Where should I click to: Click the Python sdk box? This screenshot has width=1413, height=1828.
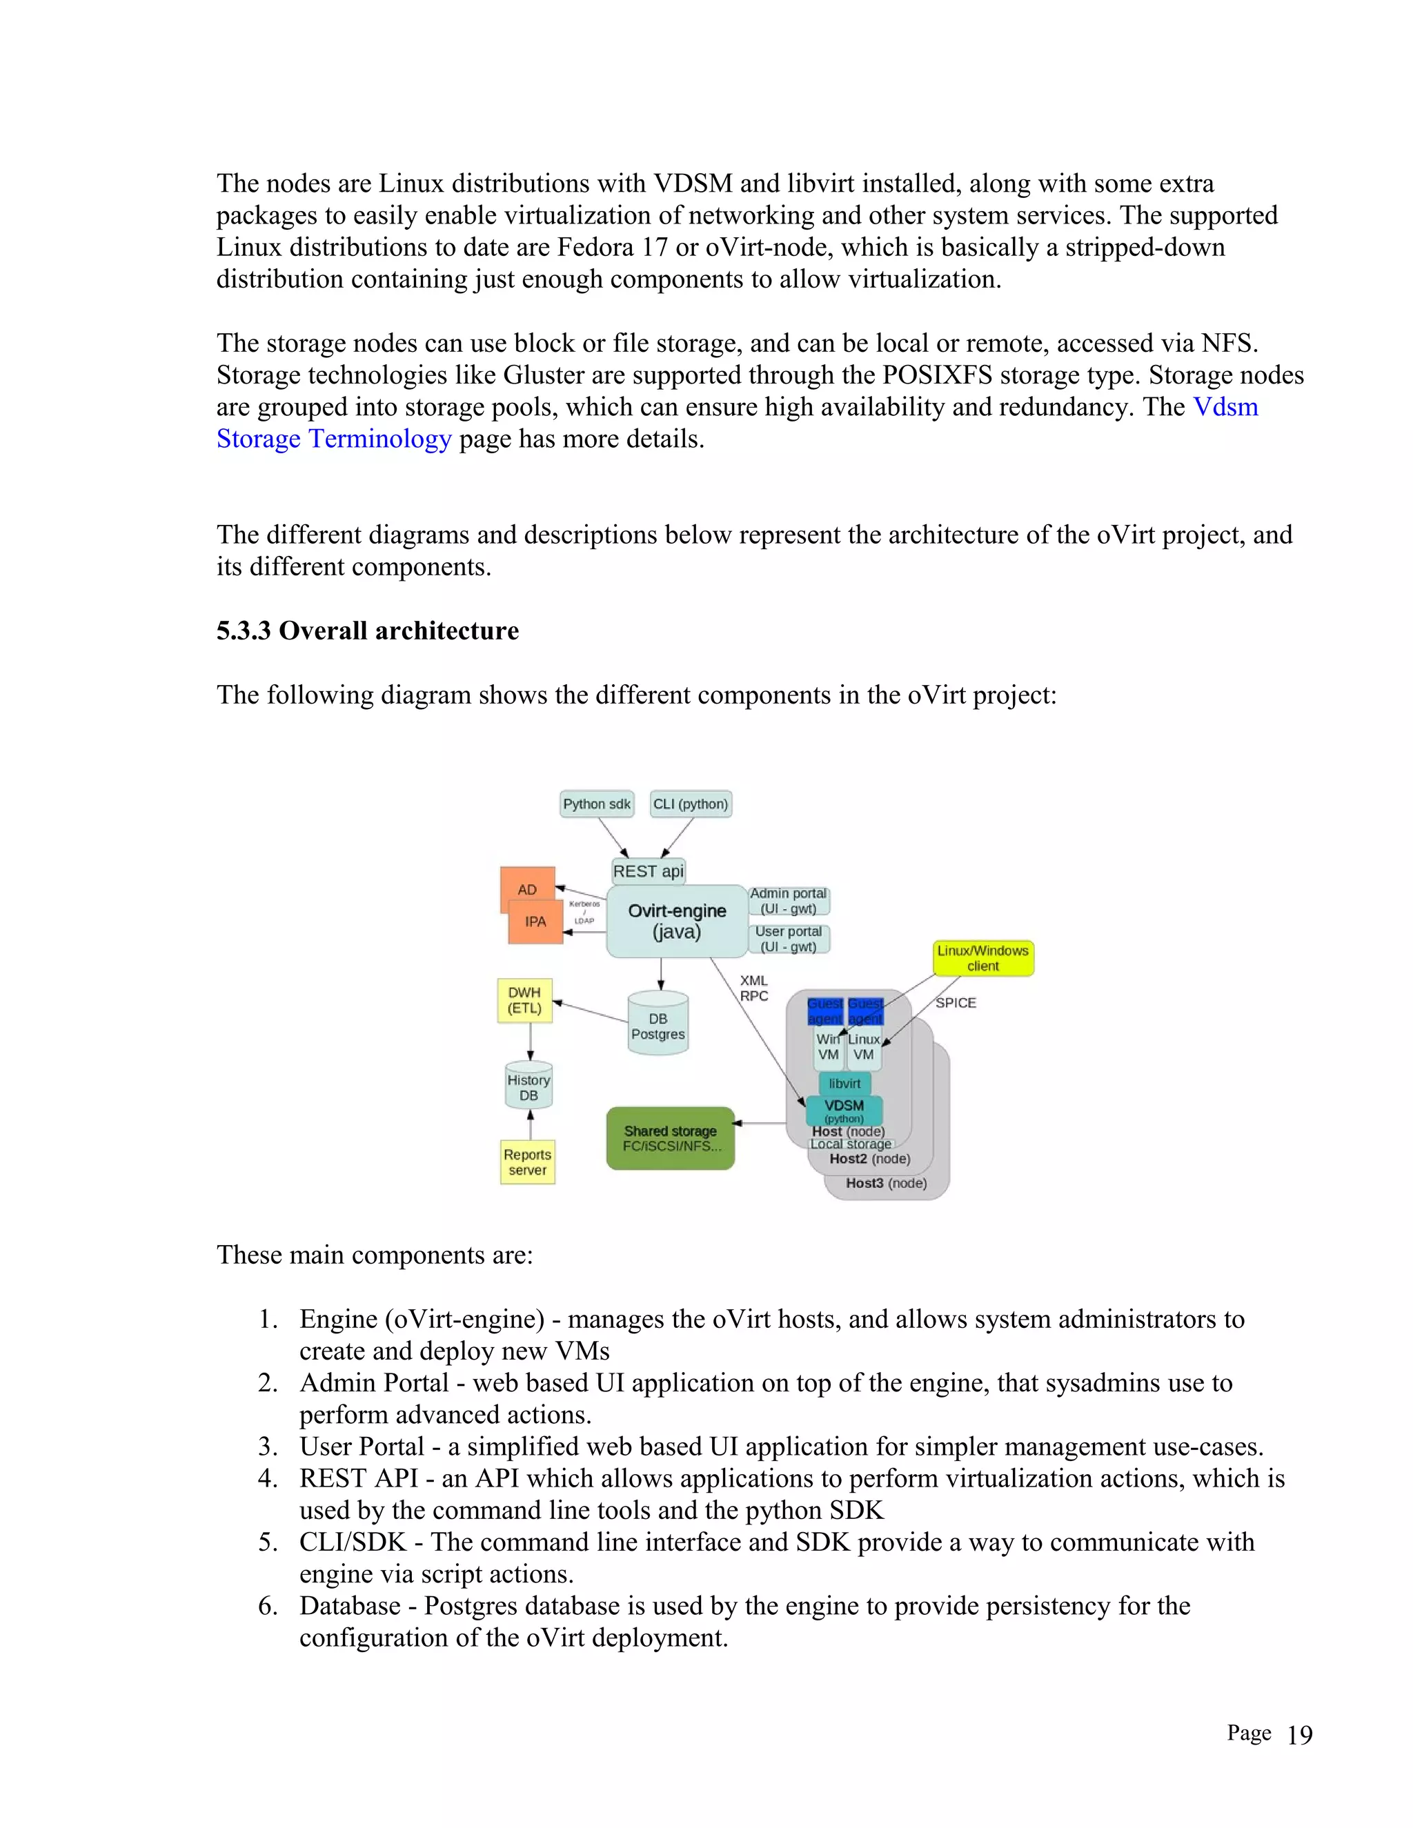(x=596, y=804)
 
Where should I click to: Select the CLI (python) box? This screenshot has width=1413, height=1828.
(x=691, y=804)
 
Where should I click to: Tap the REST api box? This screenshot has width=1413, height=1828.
(x=648, y=871)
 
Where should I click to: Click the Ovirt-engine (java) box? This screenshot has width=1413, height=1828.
(x=676, y=921)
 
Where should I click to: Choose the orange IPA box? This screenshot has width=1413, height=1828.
(x=535, y=922)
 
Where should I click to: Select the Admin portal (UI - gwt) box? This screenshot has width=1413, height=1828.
(x=788, y=901)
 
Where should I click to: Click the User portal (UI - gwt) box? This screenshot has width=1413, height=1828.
(x=788, y=938)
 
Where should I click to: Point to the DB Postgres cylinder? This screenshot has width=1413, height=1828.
(x=658, y=1024)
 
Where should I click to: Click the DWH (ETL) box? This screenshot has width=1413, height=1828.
(x=524, y=1000)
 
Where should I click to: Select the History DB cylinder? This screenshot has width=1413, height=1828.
(x=528, y=1086)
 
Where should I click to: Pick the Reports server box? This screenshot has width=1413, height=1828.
(x=527, y=1162)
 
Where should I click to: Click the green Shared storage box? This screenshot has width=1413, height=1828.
(x=671, y=1138)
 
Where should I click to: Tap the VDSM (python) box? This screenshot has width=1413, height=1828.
(x=844, y=1110)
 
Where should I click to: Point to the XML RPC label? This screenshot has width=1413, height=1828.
(x=753, y=988)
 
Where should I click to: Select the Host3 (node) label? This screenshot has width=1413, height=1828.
(x=886, y=1182)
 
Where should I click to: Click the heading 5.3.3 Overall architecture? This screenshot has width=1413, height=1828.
(x=368, y=630)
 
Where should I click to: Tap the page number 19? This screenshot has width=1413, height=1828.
(x=1299, y=1735)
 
